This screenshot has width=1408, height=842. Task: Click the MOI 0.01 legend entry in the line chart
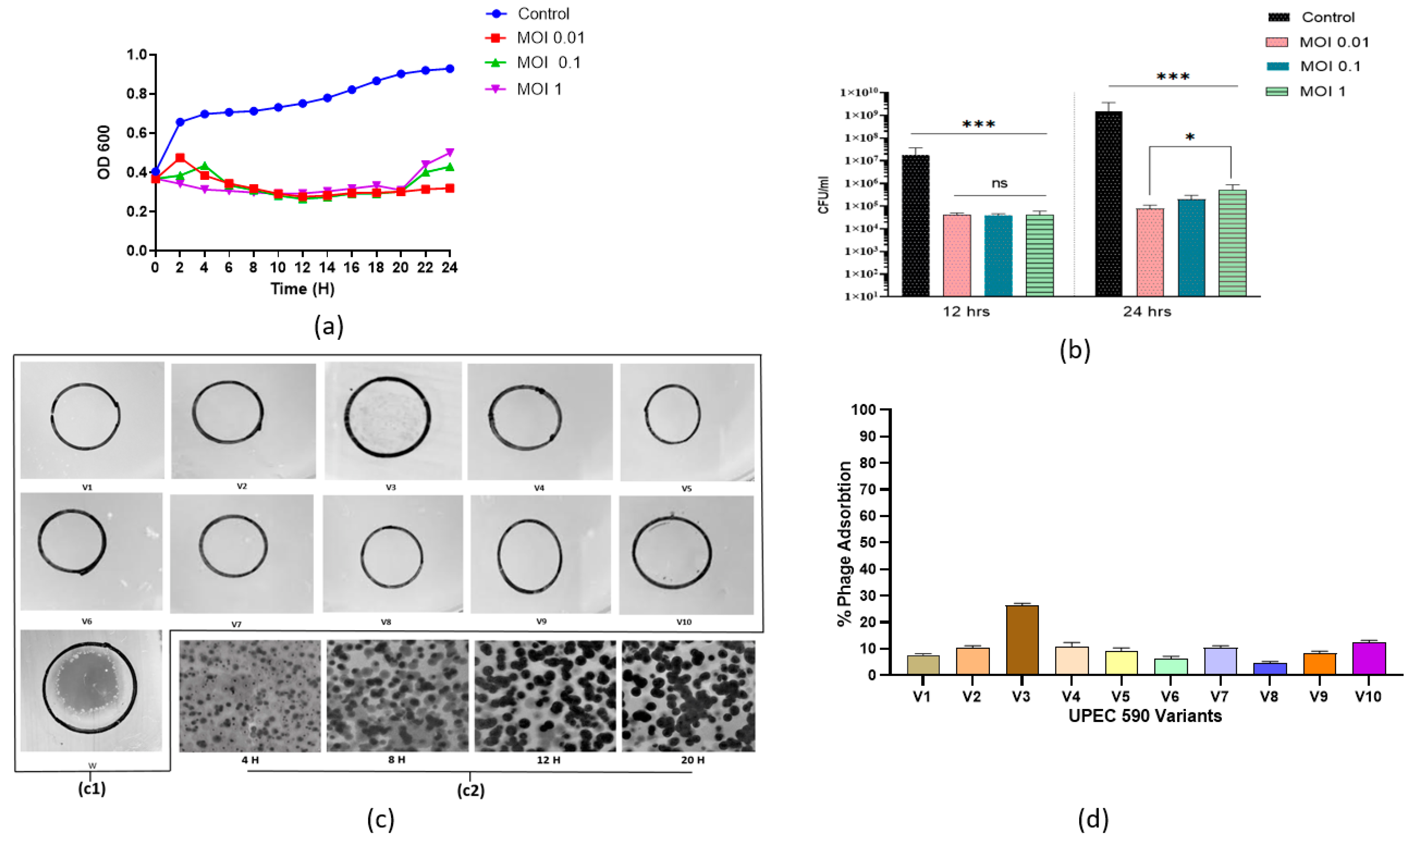(550, 38)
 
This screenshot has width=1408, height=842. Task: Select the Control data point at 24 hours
(450, 69)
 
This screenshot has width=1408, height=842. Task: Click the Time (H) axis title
(302, 289)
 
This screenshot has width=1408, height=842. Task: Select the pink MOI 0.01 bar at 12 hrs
(957, 255)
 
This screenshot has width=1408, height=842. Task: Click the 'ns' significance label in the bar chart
(999, 183)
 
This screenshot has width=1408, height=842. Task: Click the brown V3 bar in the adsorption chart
(1022, 640)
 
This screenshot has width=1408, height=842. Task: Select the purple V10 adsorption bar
(1369, 658)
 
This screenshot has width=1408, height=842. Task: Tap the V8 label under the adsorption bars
(1269, 696)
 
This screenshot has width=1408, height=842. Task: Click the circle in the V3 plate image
(387, 417)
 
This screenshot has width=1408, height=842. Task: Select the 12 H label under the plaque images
(549, 760)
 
